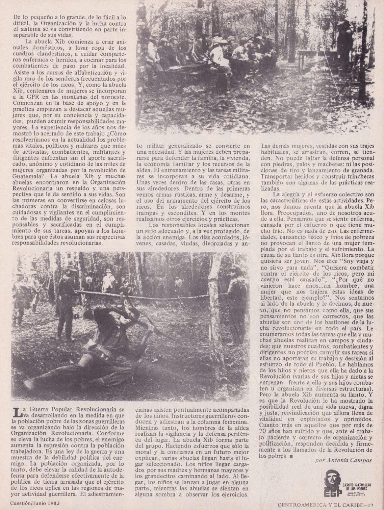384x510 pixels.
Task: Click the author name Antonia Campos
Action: pos(343,460)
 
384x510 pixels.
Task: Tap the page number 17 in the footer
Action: pos(372,505)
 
